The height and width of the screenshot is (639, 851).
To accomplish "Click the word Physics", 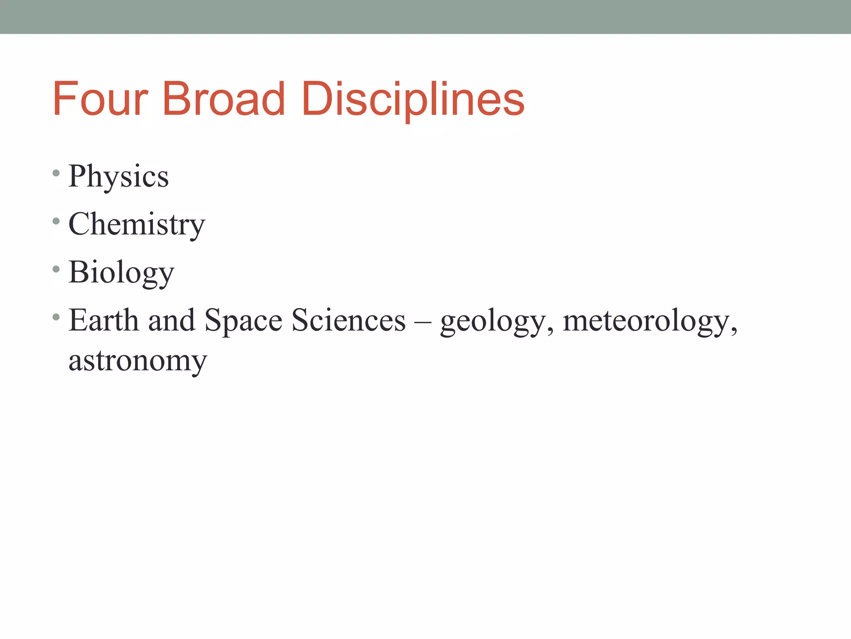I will pyautogui.click(x=118, y=176).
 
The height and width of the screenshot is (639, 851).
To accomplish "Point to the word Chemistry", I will pyautogui.click(x=137, y=225).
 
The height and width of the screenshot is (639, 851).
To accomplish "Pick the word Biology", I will pyautogui.click(x=121, y=272).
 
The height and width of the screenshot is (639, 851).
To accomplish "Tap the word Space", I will pyautogui.click(x=243, y=321).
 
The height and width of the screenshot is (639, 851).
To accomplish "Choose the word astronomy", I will pyautogui.click(x=138, y=361).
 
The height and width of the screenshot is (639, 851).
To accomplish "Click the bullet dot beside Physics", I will pyautogui.click(x=56, y=173).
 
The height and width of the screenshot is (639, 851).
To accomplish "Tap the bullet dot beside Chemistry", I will pyautogui.click(x=56, y=221).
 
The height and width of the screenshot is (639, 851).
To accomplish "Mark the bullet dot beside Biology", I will pyautogui.click(x=56, y=269).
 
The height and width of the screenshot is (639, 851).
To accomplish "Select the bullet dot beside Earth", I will pyautogui.click(x=56, y=317).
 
